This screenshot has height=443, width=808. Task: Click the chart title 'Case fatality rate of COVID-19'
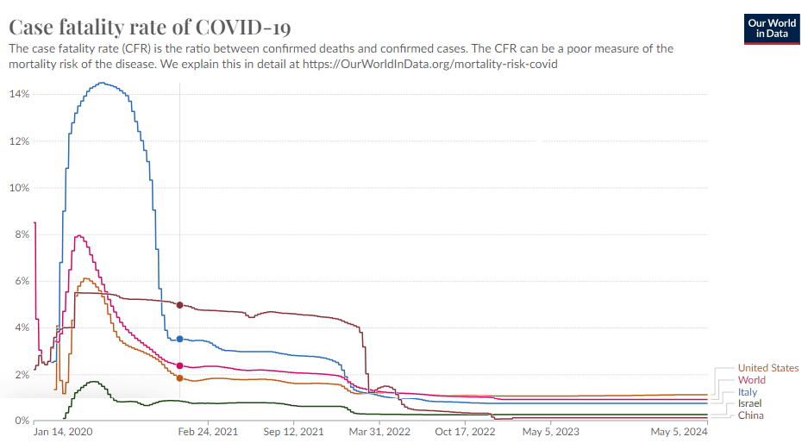150,27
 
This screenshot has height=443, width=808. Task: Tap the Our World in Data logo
772,28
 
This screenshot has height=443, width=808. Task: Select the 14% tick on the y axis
19,94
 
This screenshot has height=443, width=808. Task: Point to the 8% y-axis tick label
22,234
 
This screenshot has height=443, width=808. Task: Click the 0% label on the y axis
22,421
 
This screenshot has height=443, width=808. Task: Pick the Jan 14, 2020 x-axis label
63,432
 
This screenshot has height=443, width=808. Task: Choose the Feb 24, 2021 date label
208,432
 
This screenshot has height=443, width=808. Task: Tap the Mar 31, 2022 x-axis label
379,432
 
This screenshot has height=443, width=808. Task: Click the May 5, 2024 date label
680,432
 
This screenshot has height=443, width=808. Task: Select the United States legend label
768,368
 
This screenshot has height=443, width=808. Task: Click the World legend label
752,380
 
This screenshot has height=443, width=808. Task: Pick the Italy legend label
748,392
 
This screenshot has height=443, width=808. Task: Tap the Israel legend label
749,403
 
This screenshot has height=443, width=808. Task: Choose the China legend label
751,415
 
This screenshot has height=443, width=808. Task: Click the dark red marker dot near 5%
180,305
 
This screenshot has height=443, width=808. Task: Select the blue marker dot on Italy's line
180,339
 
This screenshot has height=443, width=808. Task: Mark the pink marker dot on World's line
180,365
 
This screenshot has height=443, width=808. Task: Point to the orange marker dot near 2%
180,378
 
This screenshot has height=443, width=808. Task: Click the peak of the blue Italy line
102,83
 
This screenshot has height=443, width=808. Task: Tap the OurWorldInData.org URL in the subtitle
429,64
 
